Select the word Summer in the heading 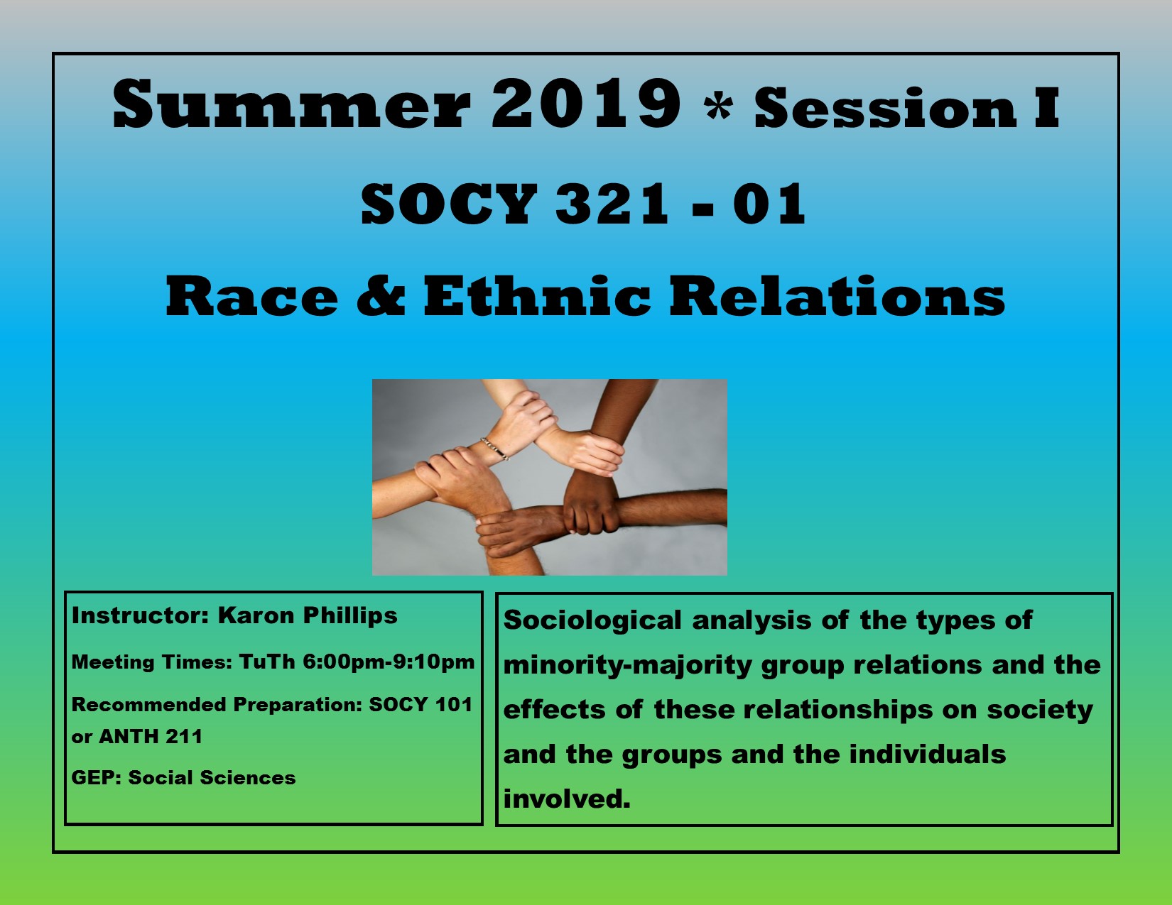(x=291, y=104)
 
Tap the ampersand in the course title (x=381, y=297)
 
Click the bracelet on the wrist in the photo (x=495, y=449)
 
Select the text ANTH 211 (x=151, y=736)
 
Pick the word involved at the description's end (x=566, y=799)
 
